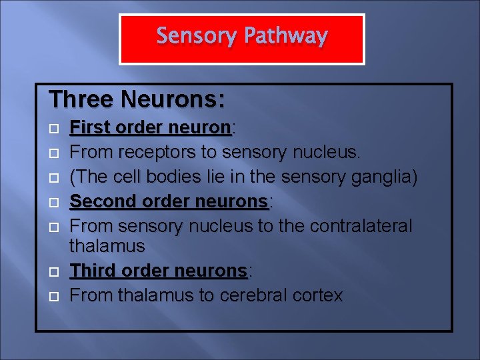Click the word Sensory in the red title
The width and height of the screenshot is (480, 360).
click(x=196, y=36)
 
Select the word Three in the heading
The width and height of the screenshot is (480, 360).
click(x=81, y=99)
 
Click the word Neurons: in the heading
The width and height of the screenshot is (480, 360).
click(x=173, y=99)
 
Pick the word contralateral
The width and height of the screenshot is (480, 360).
click(x=354, y=226)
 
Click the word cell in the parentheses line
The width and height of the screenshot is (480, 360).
click(x=127, y=177)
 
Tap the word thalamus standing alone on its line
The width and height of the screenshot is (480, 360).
click(x=107, y=246)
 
